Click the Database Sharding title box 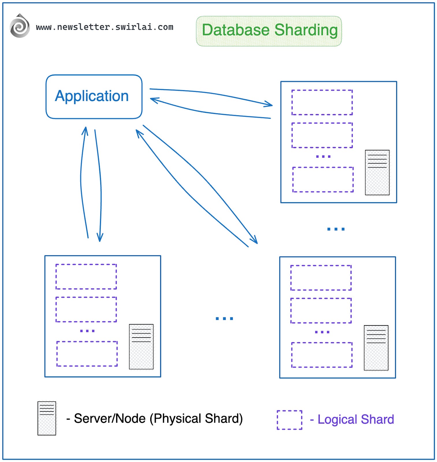pyautogui.click(x=269, y=31)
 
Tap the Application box pyautogui.click(x=94, y=96)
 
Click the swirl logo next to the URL pyautogui.click(x=19, y=26)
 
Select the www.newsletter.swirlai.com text pyautogui.click(x=105, y=27)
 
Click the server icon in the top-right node pyautogui.click(x=377, y=172)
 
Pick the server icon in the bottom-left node pyautogui.click(x=141, y=346)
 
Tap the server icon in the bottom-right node pyautogui.click(x=376, y=348)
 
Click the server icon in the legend pyautogui.click(x=47, y=418)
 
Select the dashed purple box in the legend pyautogui.click(x=289, y=420)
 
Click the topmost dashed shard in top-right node pyautogui.click(x=322, y=102)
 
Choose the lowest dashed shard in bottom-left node pyautogui.click(x=87, y=354)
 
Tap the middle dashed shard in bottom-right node pyautogui.click(x=321, y=310)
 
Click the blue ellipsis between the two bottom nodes pyautogui.click(x=224, y=318)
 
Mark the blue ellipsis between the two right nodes pyautogui.click(x=336, y=229)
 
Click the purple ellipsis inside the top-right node pyautogui.click(x=323, y=157)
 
